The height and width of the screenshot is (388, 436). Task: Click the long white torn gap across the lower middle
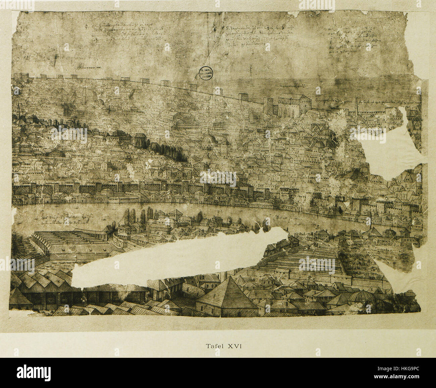click(174, 258)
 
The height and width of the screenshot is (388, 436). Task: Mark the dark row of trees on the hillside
click(161, 149)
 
